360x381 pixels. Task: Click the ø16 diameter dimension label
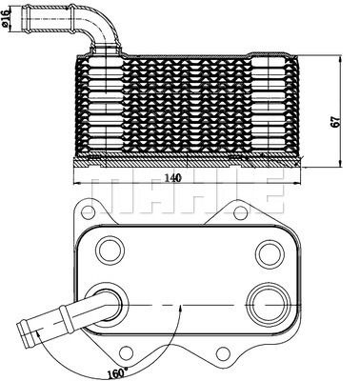coord(10,19)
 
